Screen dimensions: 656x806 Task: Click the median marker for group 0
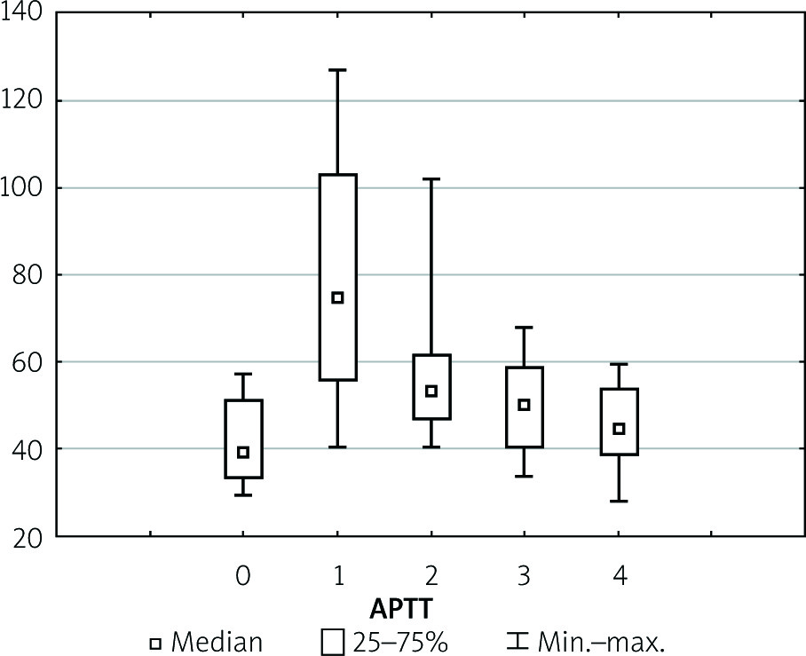click(243, 452)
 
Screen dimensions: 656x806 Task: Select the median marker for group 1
click(337, 297)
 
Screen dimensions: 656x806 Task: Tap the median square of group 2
click(431, 391)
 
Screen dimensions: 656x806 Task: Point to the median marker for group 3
click(525, 405)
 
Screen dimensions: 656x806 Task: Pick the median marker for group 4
click(620, 429)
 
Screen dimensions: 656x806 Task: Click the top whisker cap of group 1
click(337, 69)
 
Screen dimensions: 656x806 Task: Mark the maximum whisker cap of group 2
click(431, 179)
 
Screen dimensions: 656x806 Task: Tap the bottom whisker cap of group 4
click(620, 502)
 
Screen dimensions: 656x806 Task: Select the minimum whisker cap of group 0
click(243, 494)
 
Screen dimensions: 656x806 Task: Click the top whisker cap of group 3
click(525, 328)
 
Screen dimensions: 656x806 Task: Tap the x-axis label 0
click(243, 577)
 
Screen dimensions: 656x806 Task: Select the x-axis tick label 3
click(525, 577)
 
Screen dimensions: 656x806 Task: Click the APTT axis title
click(400, 609)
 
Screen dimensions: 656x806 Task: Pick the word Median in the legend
click(217, 641)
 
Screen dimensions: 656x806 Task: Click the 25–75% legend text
click(398, 641)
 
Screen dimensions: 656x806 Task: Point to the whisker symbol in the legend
click(518, 641)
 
